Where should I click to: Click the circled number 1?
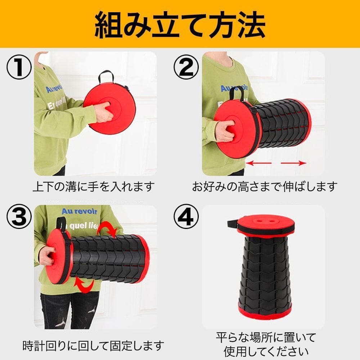(x=19, y=67)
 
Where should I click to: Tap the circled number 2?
(x=186, y=67)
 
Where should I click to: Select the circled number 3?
(x=19, y=216)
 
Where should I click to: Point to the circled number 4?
(x=186, y=216)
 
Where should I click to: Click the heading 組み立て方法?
(x=180, y=25)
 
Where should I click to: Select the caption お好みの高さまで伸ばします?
(x=265, y=186)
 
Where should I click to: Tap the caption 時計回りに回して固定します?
(x=93, y=346)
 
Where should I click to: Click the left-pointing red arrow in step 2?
(x=258, y=163)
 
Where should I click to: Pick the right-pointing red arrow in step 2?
(x=294, y=163)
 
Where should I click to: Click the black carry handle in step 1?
(x=106, y=77)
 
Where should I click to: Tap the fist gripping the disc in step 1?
(x=104, y=112)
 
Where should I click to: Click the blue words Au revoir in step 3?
(x=80, y=211)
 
